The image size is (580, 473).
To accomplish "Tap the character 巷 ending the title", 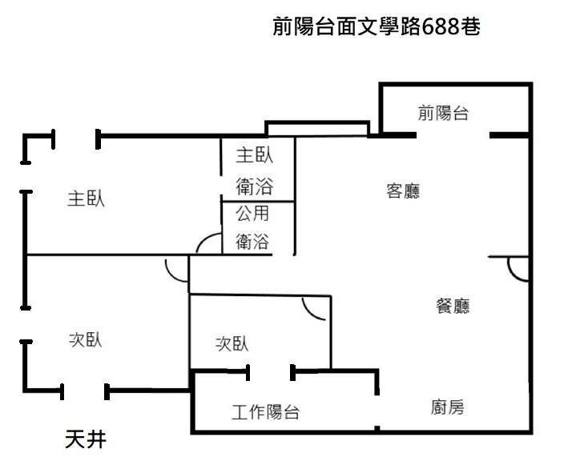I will (x=471, y=27).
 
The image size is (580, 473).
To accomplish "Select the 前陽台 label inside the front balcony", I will (x=442, y=113).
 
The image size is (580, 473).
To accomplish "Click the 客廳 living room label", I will (x=403, y=191).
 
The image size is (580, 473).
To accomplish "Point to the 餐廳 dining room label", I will (x=453, y=305).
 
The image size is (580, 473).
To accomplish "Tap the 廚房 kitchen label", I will (x=447, y=407).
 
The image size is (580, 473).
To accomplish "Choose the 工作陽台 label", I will (x=266, y=413).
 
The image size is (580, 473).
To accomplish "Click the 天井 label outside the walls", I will (x=84, y=439).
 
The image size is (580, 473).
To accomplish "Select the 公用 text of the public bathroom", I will (x=252, y=214).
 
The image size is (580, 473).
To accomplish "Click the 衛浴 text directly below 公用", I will (x=252, y=241).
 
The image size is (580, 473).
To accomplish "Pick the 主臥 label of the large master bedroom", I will (x=86, y=198).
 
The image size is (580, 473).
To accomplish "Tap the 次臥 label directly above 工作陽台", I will (x=232, y=343).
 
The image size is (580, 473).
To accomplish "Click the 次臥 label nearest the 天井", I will (x=85, y=339).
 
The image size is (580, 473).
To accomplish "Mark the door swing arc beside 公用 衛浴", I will (x=208, y=244).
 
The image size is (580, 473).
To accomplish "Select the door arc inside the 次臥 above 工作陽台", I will (x=315, y=307).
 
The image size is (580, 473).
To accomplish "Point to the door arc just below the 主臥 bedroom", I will (x=175, y=269).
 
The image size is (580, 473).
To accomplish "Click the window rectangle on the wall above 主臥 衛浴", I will (x=316, y=129).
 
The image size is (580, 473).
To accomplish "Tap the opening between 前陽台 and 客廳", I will (x=453, y=135).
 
